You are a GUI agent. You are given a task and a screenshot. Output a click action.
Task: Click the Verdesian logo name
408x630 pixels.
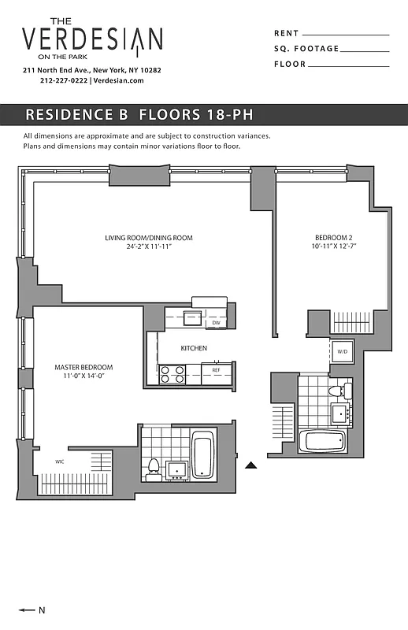tap(92, 39)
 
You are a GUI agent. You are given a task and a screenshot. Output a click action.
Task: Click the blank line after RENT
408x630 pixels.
tap(346, 35)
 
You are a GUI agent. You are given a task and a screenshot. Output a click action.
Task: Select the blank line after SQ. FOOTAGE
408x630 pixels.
tap(365, 50)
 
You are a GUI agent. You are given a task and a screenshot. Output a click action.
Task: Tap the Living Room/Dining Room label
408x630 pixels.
tap(149, 238)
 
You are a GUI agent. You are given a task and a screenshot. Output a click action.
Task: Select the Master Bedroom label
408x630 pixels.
tap(83, 368)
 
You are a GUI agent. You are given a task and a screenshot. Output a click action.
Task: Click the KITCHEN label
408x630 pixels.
tap(194, 348)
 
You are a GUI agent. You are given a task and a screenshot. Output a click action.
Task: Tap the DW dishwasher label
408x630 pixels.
tap(216, 323)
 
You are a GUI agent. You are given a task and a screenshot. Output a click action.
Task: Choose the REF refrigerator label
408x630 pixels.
tap(216, 369)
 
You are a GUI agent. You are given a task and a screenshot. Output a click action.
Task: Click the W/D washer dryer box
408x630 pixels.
tap(343, 351)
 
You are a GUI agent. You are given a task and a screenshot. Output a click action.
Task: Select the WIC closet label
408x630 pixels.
tap(60, 461)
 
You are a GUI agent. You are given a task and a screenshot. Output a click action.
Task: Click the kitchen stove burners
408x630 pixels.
tap(172, 374)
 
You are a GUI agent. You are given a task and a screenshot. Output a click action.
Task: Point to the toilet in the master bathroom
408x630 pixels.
tap(154, 469)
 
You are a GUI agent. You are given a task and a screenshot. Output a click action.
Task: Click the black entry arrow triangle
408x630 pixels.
tap(251, 465)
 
